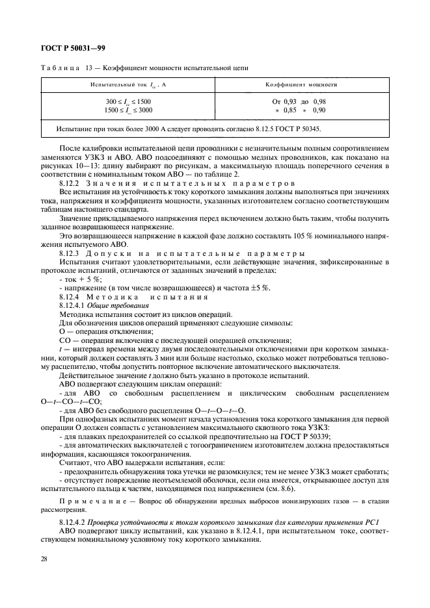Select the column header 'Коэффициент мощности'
pos(300,84)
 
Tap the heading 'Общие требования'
pos(111,304)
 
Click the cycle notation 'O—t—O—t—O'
pos(219,411)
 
